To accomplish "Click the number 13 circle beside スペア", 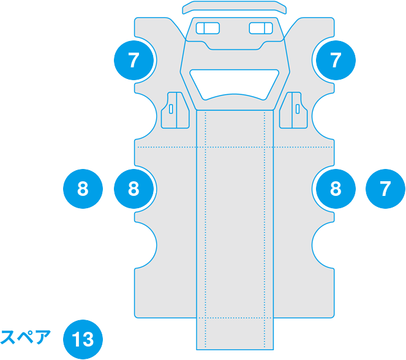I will pyautogui.click(x=83, y=339).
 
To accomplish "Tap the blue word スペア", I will pyautogui.click(x=25, y=338).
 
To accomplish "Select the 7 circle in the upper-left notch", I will pyautogui.click(x=134, y=60).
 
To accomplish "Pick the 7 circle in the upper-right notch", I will pyautogui.click(x=335, y=60).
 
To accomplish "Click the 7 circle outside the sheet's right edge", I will pyautogui.click(x=385, y=189).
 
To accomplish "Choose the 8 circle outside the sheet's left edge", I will pyautogui.click(x=83, y=189).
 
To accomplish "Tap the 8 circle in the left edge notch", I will pyautogui.click(x=134, y=189).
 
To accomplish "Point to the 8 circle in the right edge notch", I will pyautogui.click(x=335, y=189).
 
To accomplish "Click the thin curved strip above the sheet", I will pyautogui.click(x=235, y=7).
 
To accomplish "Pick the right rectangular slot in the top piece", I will pyautogui.click(x=261, y=28).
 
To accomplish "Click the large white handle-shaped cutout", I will pyautogui.click(x=235, y=83).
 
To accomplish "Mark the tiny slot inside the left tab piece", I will pyautogui.click(x=171, y=110).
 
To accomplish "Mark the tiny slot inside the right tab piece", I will pyautogui.click(x=298, y=110).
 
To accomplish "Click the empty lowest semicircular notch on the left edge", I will pyautogui.click(x=145, y=245).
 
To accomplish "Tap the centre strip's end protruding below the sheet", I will pyautogui.click(x=235, y=337).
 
